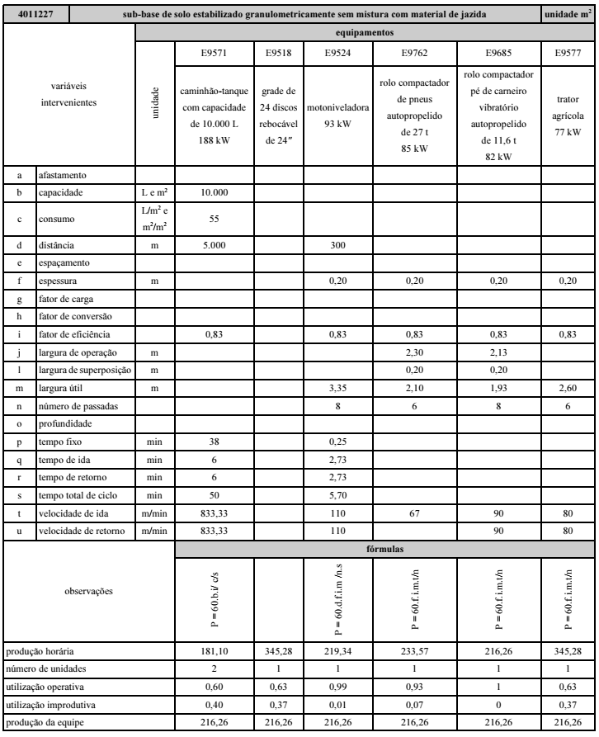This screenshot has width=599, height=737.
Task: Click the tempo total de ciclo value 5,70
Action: [x=329, y=495]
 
